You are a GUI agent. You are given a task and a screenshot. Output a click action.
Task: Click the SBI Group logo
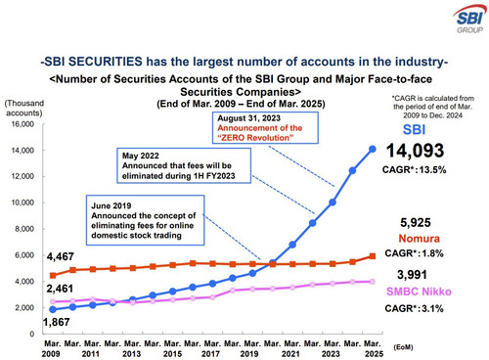point(469,20)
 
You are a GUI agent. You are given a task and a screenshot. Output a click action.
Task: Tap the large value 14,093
point(415,151)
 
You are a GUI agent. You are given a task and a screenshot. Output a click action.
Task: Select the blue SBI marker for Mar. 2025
point(373,149)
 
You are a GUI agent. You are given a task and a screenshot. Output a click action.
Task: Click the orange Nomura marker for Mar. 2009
point(53,276)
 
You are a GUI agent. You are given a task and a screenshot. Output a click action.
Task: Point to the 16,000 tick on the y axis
point(22,124)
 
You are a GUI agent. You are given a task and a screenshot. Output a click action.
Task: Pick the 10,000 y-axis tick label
point(22,202)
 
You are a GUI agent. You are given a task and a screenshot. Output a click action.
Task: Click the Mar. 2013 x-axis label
point(132,348)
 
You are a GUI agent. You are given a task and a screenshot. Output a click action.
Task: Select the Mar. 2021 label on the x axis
point(292,348)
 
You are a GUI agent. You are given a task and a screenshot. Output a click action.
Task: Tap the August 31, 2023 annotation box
point(265,128)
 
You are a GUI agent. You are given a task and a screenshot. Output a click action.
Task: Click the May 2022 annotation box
point(184,165)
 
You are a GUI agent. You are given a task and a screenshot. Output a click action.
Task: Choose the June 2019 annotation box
point(145,220)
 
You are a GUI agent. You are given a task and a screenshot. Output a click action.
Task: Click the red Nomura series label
point(419,239)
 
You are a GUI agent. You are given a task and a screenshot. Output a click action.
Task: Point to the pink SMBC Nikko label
point(419,292)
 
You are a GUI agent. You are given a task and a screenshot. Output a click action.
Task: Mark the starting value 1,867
point(56,322)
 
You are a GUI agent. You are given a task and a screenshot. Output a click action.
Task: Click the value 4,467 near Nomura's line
point(60,256)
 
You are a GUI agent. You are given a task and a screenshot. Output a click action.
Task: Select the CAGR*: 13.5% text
point(414,169)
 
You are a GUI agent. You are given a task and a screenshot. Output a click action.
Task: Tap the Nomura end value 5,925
point(416,223)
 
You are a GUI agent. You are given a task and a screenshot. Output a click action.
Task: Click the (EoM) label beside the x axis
point(403,347)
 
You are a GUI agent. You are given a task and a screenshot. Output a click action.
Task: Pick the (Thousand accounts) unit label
point(24,108)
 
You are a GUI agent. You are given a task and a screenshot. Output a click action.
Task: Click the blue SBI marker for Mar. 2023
point(333,202)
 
